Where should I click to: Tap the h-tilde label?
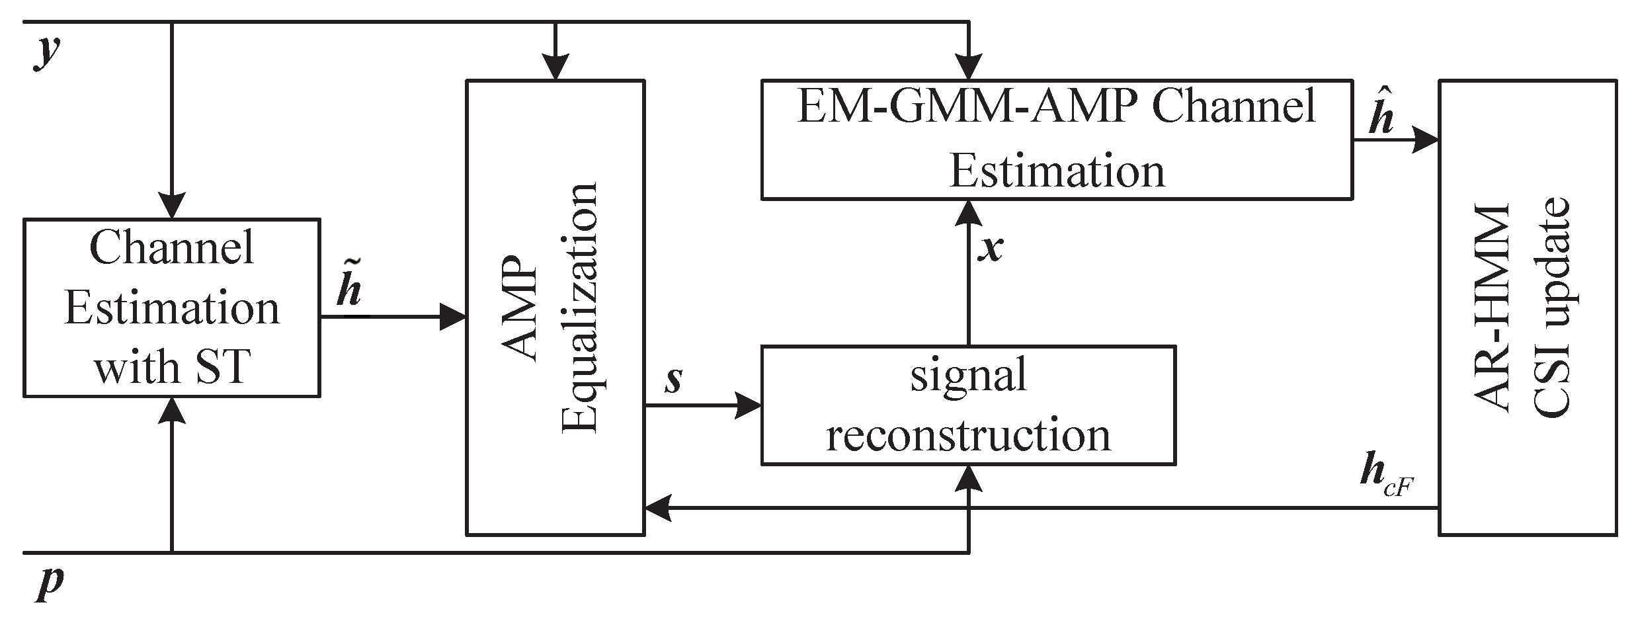(x=348, y=287)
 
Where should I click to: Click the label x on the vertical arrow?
(x=991, y=248)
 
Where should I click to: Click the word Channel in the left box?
(x=171, y=248)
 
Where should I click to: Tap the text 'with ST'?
(x=171, y=367)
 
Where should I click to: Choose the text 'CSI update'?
(x=1551, y=308)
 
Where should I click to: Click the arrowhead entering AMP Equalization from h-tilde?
(x=454, y=317)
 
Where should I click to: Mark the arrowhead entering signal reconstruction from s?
(x=749, y=405)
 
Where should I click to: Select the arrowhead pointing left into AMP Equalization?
(x=659, y=508)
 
